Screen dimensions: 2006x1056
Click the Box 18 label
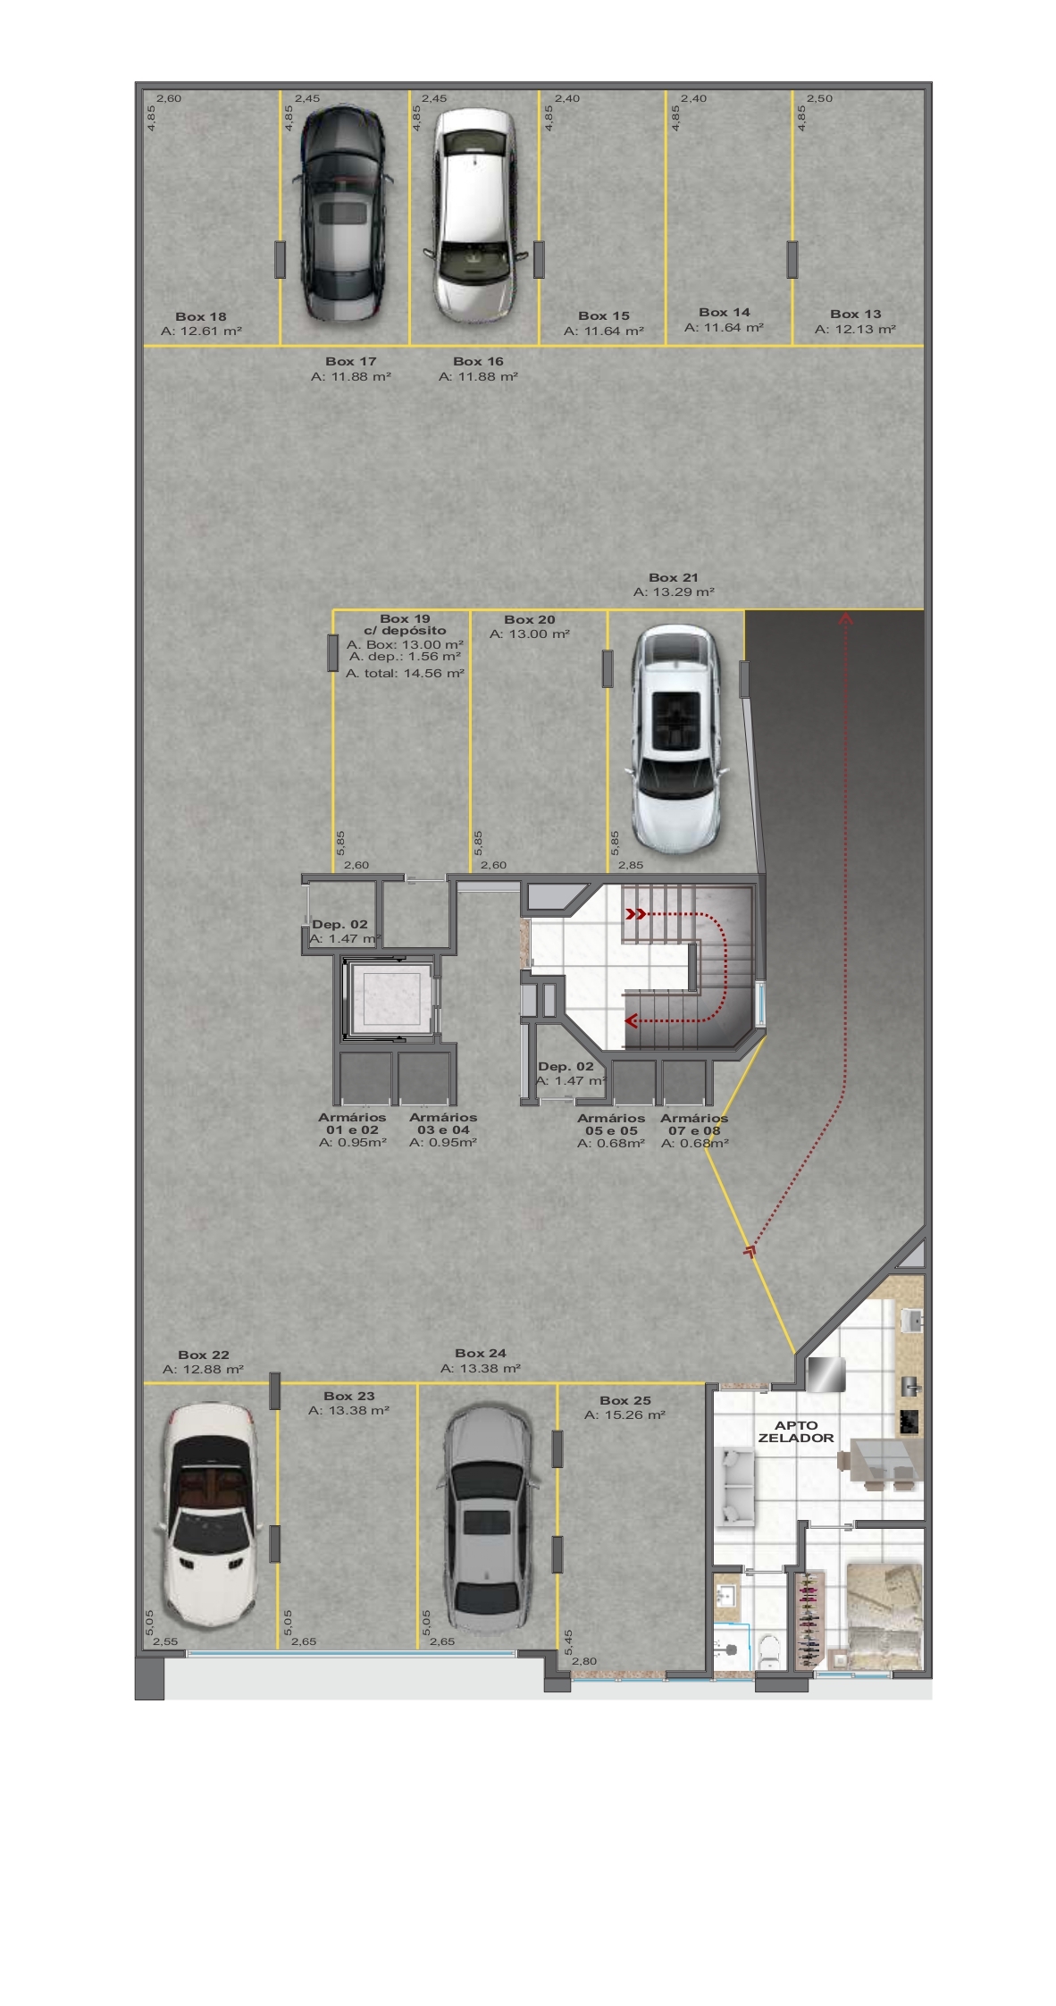click(x=201, y=316)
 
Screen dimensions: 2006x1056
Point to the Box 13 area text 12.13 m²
click(x=855, y=330)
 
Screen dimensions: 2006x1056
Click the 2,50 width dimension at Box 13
click(x=819, y=98)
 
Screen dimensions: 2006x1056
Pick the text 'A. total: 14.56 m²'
click(x=405, y=673)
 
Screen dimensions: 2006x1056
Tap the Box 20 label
click(x=529, y=619)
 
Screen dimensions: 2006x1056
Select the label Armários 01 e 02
click(x=352, y=1123)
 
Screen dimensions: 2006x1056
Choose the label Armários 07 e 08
click(x=694, y=1124)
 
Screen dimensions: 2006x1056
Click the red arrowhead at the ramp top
click(x=845, y=617)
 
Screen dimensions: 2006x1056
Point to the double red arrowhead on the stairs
click(x=635, y=914)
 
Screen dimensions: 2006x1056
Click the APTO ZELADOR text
click(x=795, y=1431)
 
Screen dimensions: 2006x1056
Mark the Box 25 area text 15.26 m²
click(x=624, y=1415)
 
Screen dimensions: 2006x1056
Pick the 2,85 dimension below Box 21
click(x=630, y=865)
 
